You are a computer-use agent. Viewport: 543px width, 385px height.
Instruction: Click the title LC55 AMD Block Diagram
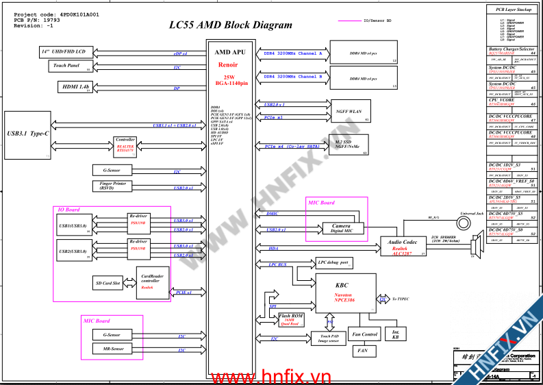click(230, 25)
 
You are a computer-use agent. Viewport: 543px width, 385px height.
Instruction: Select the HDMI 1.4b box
click(75, 87)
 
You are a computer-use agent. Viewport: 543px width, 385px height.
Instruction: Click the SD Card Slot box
click(107, 283)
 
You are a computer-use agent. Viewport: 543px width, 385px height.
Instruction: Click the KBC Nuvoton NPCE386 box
click(346, 290)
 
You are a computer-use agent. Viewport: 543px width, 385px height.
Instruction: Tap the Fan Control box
click(364, 334)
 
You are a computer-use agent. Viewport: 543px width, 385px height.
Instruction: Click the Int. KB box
click(395, 334)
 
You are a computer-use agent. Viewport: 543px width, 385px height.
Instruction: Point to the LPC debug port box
click(333, 262)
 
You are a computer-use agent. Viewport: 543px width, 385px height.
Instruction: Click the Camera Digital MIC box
click(342, 228)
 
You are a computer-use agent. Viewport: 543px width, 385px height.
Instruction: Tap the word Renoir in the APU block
click(228, 64)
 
